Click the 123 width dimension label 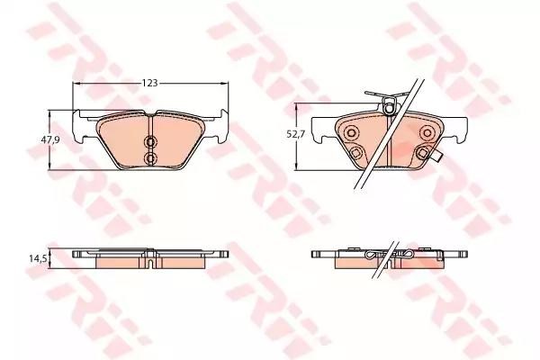coord(150,83)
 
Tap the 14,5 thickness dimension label coord(37,258)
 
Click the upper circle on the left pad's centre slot coord(150,142)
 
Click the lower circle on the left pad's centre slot coord(150,158)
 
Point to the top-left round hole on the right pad coord(352,132)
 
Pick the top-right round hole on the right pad coord(427,132)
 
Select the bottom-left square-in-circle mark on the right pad coord(356,152)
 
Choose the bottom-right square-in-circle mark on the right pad coord(423,152)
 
